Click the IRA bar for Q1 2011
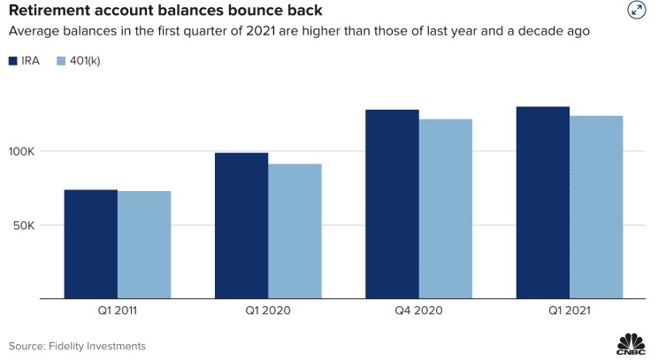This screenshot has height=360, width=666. [91, 244]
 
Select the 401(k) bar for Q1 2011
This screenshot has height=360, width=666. [144, 245]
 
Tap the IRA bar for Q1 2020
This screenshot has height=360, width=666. [241, 226]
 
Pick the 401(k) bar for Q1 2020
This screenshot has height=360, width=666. [295, 231]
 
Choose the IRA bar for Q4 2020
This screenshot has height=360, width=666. [393, 204]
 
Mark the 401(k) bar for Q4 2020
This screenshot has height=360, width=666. [446, 209]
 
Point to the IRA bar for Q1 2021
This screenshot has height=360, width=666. [543, 203]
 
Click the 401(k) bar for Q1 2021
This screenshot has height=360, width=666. [596, 207]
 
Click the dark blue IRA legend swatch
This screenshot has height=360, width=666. [12, 61]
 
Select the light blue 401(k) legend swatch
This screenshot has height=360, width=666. [61, 61]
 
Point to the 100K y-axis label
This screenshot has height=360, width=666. [21, 151]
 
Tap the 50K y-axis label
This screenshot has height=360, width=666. [24, 226]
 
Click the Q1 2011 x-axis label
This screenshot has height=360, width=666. [118, 310]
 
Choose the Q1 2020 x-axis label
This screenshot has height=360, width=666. [268, 310]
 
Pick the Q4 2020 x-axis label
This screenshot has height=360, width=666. [419, 310]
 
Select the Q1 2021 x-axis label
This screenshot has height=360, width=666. [570, 310]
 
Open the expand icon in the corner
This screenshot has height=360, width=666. [637, 11]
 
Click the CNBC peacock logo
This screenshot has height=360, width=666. [632, 344]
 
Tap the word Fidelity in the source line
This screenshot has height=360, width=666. [65, 347]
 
